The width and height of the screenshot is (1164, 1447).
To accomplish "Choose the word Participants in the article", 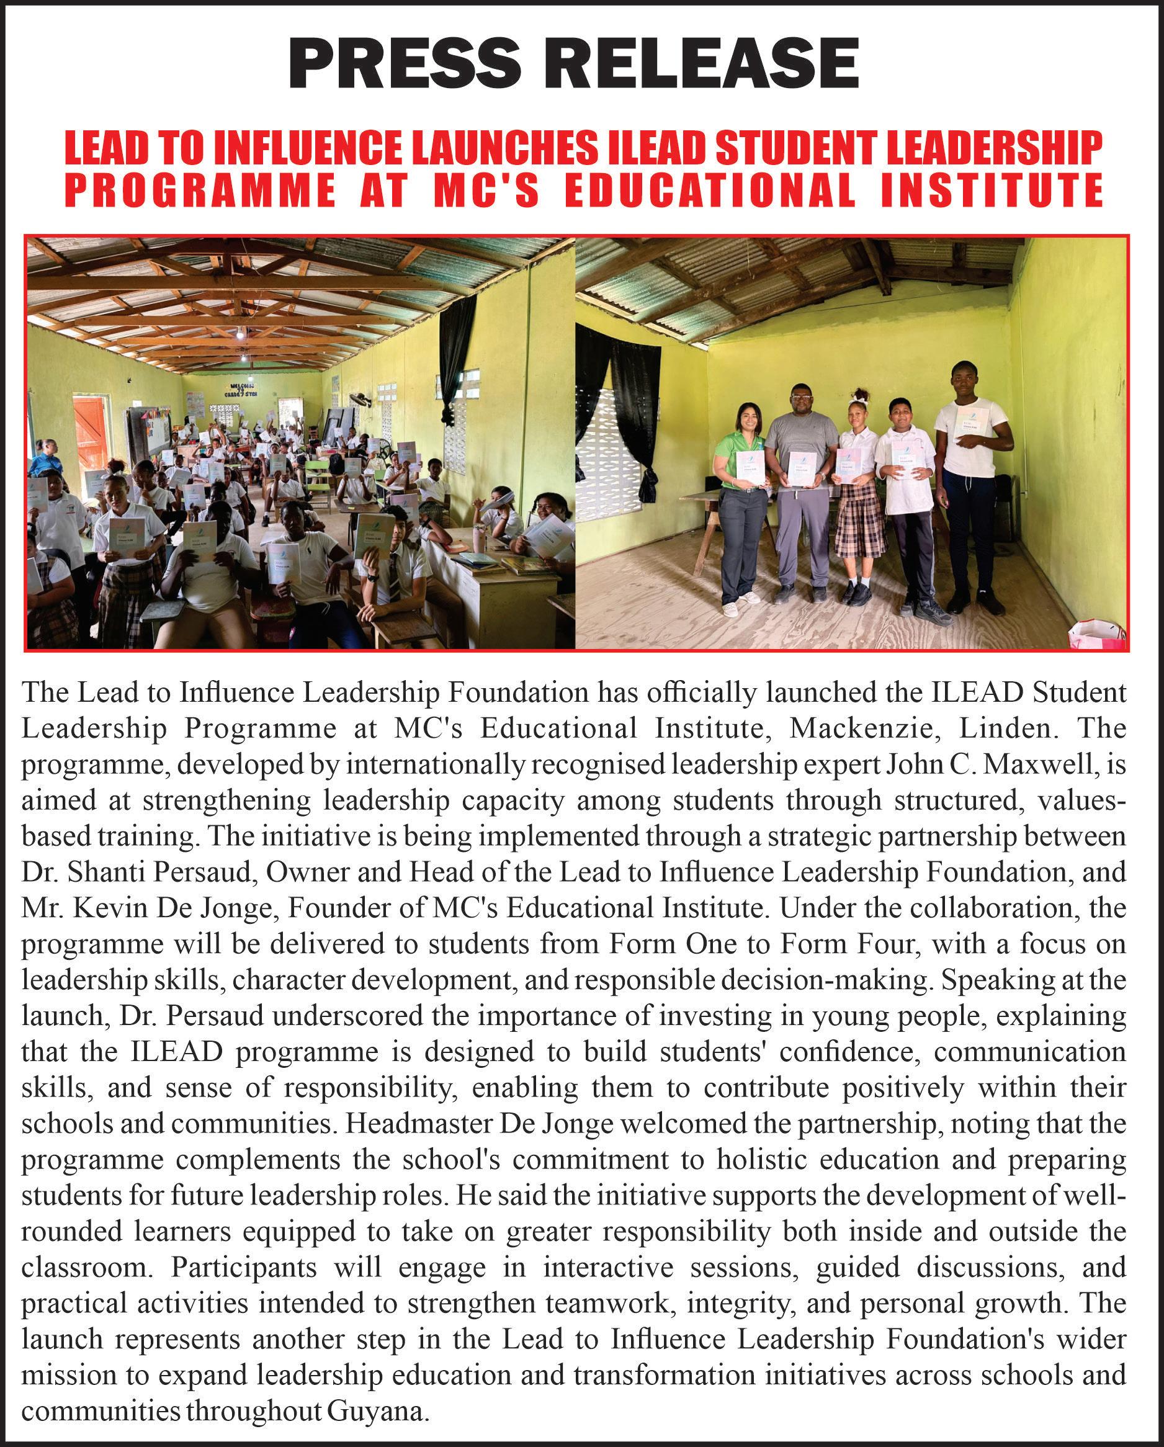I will pyautogui.click(x=243, y=1268).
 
